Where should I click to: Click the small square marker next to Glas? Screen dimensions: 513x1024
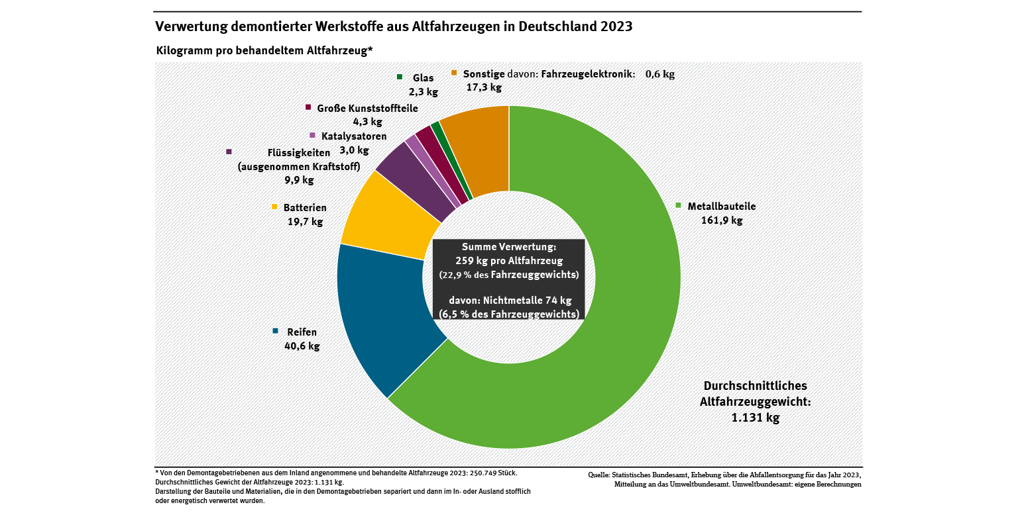pyautogui.click(x=400, y=77)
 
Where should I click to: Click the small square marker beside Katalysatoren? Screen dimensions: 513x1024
pyautogui.click(x=312, y=135)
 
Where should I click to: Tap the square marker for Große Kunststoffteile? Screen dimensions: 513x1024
pyautogui.click(x=308, y=107)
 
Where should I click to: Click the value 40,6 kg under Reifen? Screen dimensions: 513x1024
pyautogui.click(x=302, y=346)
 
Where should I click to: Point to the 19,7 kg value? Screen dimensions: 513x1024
pyautogui.click(x=305, y=222)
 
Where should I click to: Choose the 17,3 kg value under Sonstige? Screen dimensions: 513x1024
pyautogui.click(x=484, y=87)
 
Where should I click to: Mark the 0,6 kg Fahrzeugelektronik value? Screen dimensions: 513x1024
pyautogui.click(x=659, y=74)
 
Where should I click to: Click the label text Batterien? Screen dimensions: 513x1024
pyautogui.click(x=305, y=208)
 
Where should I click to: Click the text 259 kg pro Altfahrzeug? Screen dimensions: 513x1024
pyautogui.click(x=509, y=261)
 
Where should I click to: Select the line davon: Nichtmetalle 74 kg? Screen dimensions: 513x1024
pyautogui.click(x=509, y=301)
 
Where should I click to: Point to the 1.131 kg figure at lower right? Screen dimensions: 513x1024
pyautogui.click(x=756, y=418)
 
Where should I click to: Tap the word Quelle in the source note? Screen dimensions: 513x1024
pyautogui.click(x=600, y=475)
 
